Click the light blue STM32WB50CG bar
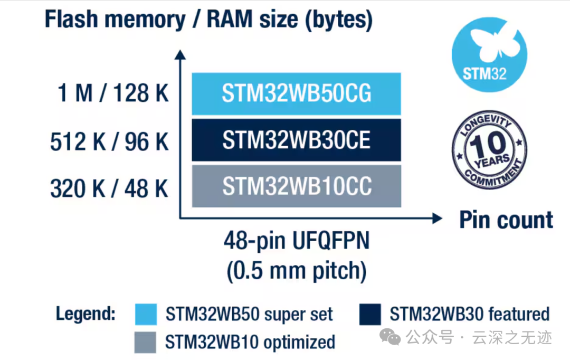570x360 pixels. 296,94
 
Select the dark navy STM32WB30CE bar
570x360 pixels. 296,140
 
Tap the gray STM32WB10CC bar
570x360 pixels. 296,186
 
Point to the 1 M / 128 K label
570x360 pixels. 112,94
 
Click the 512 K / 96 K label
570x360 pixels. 109,141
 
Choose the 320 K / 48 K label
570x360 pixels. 109,188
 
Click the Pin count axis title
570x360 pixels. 506,220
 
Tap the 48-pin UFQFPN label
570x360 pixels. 297,242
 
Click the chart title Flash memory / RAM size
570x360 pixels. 208,20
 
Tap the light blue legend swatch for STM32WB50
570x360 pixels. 146,314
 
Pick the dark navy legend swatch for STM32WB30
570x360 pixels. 369,314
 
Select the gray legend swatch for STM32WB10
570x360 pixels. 146,342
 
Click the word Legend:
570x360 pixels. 85,314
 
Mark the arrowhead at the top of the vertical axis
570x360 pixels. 180,54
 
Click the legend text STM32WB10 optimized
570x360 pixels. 250,342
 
